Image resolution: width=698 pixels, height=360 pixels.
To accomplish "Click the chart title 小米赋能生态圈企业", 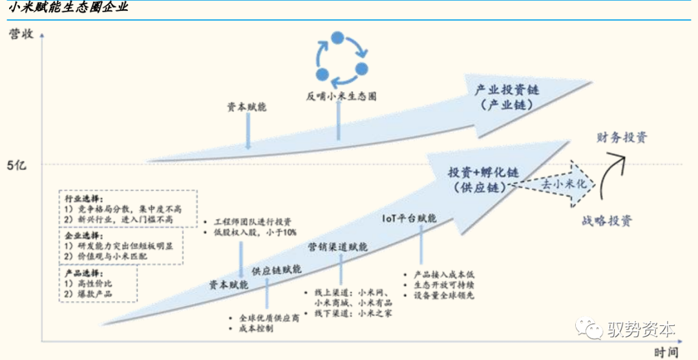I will click(x=68, y=8).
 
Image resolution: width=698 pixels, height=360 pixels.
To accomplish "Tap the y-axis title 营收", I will click(x=20, y=35).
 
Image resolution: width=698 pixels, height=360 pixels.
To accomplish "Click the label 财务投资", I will click(x=622, y=137).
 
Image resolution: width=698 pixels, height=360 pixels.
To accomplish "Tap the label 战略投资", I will click(x=606, y=221).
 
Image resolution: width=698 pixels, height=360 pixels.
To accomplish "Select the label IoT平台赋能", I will click(x=408, y=218).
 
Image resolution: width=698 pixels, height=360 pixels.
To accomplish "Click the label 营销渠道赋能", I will click(x=337, y=247).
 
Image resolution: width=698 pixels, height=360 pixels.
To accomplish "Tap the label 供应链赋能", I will click(x=277, y=270).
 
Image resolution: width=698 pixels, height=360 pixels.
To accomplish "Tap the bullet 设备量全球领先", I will click(x=441, y=295).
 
